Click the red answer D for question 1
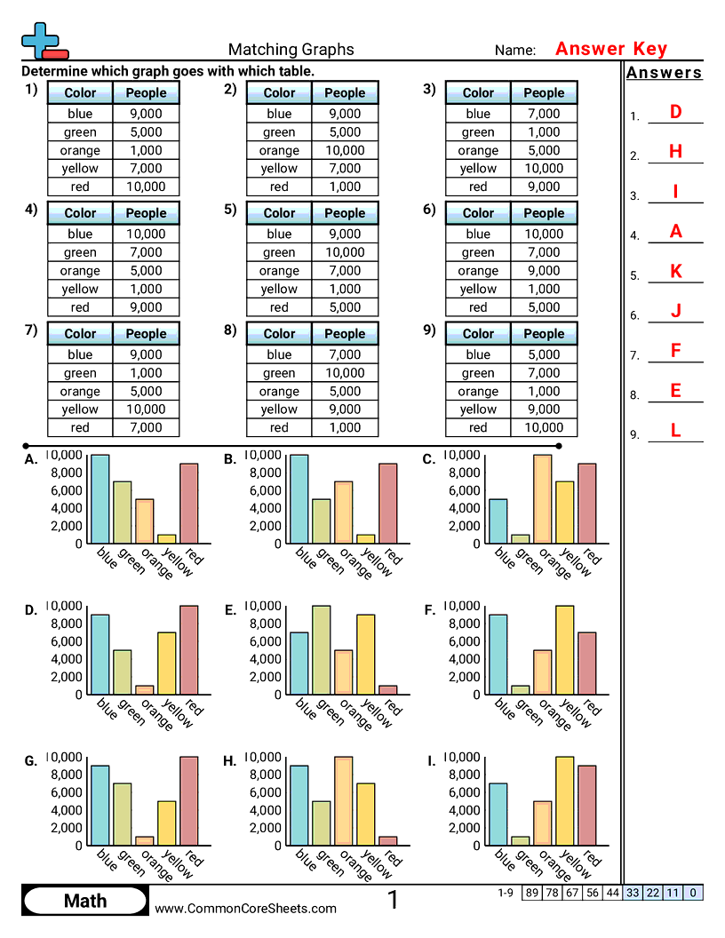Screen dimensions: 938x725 tap(675, 112)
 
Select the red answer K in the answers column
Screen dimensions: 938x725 tap(675, 272)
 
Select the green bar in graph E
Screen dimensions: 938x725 tap(322, 649)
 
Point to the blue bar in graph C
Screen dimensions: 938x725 tap(498, 521)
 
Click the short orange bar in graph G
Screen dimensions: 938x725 tap(145, 840)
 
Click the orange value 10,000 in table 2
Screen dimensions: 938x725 tap(345, 150)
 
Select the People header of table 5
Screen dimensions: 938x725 tap(345, 213)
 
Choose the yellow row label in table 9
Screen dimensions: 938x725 tap(478, 409)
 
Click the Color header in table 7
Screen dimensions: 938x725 tap(80, 334)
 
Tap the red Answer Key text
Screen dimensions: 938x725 tap(610, 49)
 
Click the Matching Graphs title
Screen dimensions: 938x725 tap(291, 50)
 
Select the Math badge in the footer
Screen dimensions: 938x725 tap(85, 901)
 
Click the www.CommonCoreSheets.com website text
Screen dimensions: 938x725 tap(246, 908)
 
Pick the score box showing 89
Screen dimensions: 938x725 tap(531, 893)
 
